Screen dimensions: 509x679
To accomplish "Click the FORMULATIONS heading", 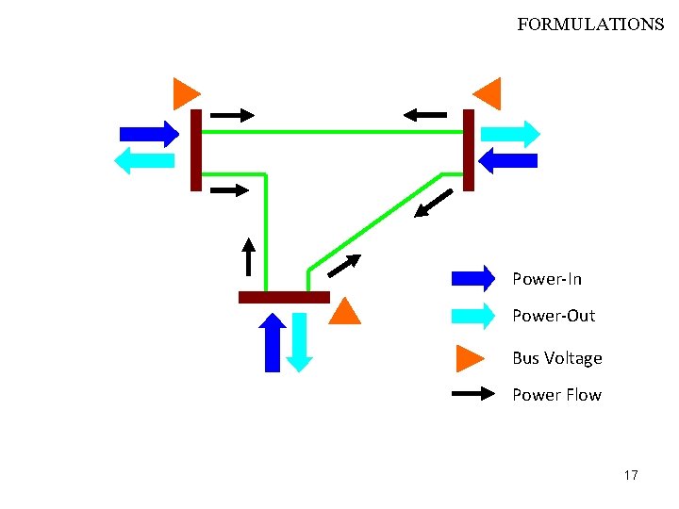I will (x=590, y=25).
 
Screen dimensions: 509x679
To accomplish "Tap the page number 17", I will (x=631, y=475).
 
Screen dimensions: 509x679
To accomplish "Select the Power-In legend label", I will (x=547, y=279).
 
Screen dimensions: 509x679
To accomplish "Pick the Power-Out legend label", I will (x=554, y=316).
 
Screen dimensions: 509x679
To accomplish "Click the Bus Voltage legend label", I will (x=556, y=358).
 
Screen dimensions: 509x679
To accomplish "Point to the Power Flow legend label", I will (x=556, y=395).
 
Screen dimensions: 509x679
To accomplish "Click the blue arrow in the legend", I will (x=473, y=278).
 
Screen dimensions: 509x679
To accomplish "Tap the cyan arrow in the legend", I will (x=473, y=316).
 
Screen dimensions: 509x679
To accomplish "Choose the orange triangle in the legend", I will (x=469, y=358).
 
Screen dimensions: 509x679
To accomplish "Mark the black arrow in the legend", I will (x=473, y=394).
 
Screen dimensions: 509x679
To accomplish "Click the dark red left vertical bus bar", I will (x=196, y=150).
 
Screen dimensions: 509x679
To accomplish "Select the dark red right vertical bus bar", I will (x=469, y=150).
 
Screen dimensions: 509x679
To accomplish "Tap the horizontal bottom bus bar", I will (x=284, y=297).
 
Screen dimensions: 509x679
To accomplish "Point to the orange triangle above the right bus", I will (x=488, y=93).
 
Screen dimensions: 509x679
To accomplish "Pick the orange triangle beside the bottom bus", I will (x=345, y=312).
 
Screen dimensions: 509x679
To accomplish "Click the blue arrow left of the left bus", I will (x=149, y=134).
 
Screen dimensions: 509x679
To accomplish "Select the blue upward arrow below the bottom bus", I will (x=273, y=342).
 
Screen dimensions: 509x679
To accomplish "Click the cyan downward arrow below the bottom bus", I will (x=298, y=341).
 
